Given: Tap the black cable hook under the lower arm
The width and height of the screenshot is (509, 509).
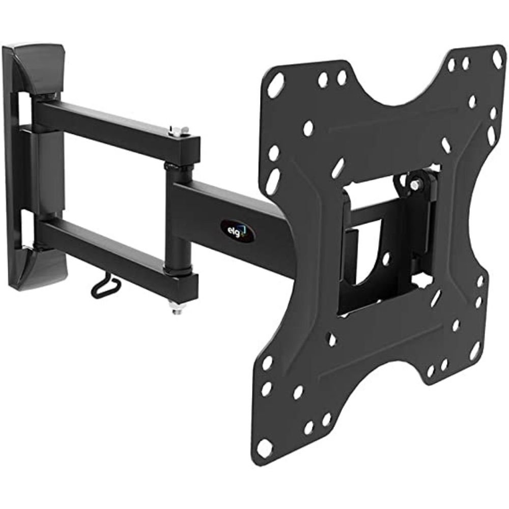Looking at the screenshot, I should tap(102, 288).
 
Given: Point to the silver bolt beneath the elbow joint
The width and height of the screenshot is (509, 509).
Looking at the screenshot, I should tap(177, 309).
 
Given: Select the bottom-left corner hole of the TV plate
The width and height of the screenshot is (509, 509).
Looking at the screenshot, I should tap(264, 447).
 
